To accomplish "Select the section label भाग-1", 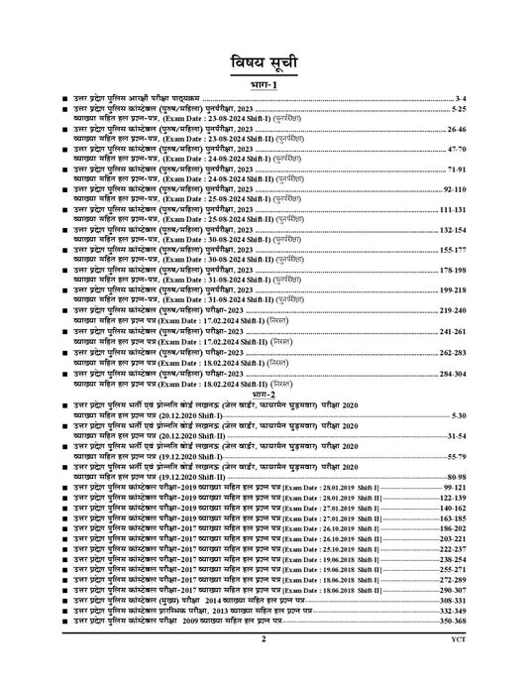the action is (264, 86).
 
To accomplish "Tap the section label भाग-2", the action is (264, 395).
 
